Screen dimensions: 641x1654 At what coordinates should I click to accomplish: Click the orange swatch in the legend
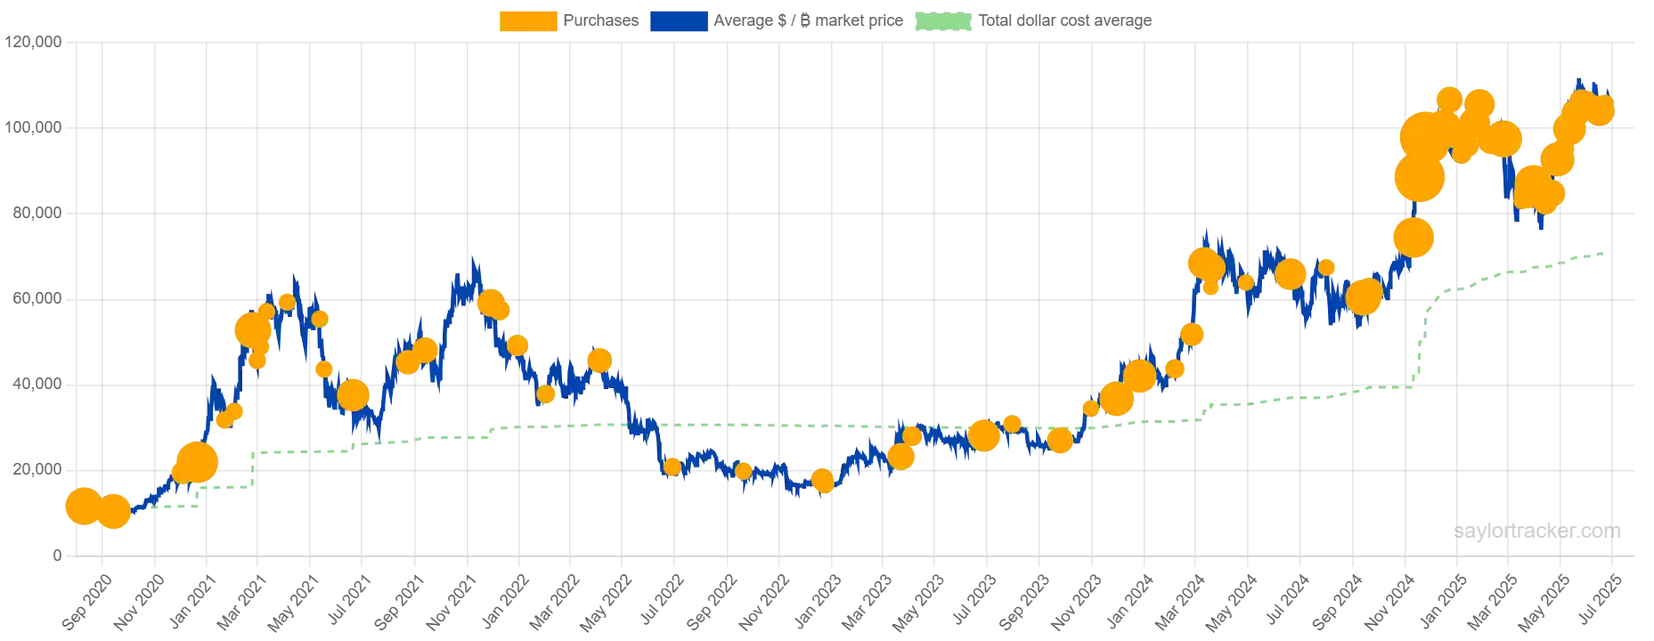[529, 21]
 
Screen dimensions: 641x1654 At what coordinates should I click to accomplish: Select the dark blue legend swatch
[680, 21]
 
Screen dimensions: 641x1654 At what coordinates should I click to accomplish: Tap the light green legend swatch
[943, 21]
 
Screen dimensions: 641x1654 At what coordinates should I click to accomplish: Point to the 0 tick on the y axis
[58, 556]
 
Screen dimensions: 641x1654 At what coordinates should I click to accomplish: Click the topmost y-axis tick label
[35, 43]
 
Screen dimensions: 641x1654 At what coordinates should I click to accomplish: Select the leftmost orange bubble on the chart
[82, 506]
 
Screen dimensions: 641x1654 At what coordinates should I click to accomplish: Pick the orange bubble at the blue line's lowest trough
[822, 482]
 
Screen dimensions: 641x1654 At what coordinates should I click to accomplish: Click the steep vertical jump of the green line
[1420, 347]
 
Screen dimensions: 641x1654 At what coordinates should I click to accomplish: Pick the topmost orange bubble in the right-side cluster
[1448, 98]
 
